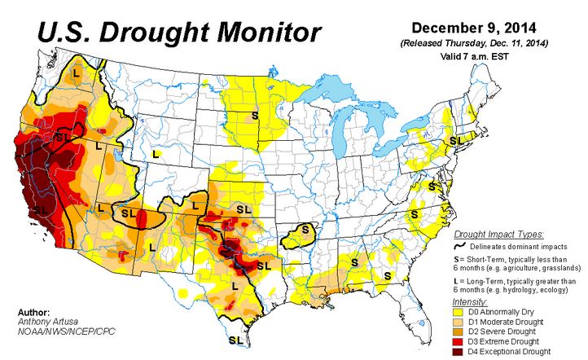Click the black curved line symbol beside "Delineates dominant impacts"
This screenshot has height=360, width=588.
pos(460,244)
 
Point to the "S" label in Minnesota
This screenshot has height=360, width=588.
pos(255,116)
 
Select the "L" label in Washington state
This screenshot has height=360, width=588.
pos(77,73)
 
